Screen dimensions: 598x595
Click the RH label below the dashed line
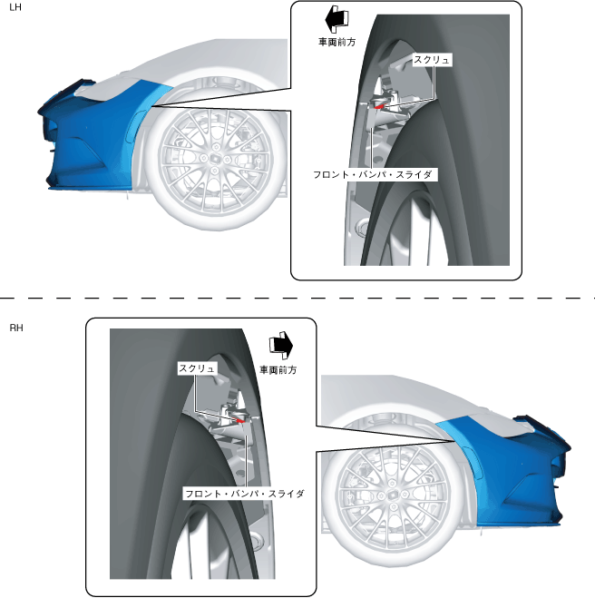click(x=15, y=327)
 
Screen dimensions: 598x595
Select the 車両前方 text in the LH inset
click(x=337, y=41)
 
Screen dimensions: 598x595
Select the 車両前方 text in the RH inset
click(x=278, y=370)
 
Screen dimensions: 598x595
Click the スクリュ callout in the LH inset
click(x=431, y=59)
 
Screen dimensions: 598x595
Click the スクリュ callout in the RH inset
click(x=197, y=368)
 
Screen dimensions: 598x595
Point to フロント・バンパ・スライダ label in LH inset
click(x=375, y=172)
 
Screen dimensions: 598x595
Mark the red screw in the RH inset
click(x=238, y=419)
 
